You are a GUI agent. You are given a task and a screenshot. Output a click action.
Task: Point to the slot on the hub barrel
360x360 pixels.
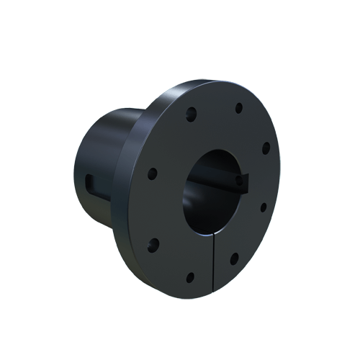[x=89, y=180]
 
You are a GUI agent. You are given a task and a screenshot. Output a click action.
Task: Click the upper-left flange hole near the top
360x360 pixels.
[x=192, y=113]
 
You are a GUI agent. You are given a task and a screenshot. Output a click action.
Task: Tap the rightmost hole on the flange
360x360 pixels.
[x=266, y=148]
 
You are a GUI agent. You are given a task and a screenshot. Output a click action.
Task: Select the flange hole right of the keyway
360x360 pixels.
[x=263, y=207]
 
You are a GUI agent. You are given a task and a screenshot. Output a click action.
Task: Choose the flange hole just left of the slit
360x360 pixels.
[x=190, y=277]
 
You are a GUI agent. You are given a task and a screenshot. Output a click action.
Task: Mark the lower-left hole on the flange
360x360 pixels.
[x=153, y=243]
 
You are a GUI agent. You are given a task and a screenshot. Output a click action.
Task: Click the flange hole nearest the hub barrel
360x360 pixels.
[x=152, y=174]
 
